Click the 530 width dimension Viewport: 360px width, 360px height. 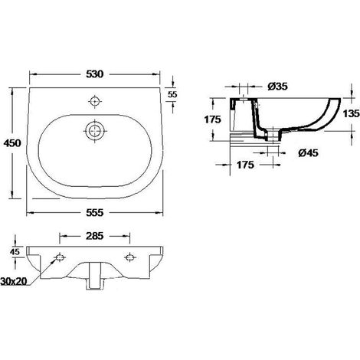coord(95,74)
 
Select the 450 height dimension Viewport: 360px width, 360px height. coord(12,143)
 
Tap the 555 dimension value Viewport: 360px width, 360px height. coord(95,212)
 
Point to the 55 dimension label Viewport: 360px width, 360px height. coord(172,94)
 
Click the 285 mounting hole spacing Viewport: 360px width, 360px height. coord(94,236)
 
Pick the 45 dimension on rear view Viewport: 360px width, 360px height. coord(15,252)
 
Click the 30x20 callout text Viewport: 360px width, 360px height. coord(14,281)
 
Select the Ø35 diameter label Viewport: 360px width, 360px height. coord(277,87)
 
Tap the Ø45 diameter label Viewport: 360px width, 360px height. coord(308,153)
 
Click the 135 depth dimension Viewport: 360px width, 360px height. coord(351,113)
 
